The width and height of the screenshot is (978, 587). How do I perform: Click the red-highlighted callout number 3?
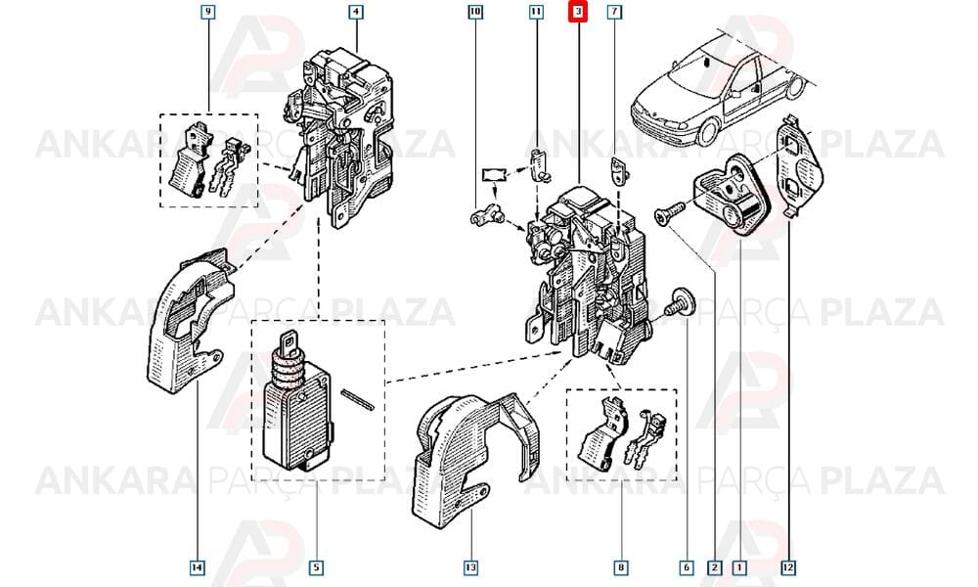578,12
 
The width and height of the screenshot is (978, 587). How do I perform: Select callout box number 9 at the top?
207,12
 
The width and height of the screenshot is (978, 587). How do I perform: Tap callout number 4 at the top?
356,12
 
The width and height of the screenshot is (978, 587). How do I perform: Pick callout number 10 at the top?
475,12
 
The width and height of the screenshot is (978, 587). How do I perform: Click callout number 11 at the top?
536,12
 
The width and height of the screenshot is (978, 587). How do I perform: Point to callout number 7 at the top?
614,12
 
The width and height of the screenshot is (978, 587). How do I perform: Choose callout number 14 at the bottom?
198,567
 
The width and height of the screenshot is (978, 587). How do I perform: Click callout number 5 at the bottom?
316,567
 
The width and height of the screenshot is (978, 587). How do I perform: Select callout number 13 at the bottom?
470,567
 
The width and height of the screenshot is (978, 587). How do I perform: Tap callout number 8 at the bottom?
621,567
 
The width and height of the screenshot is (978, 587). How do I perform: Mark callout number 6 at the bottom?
687,567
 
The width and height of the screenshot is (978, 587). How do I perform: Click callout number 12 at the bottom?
788,567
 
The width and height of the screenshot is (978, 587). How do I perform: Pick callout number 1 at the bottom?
739,567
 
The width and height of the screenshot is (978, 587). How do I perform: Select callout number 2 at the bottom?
715,567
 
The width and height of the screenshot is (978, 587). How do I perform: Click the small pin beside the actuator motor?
357,399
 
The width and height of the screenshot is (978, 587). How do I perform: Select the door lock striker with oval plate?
734,195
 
